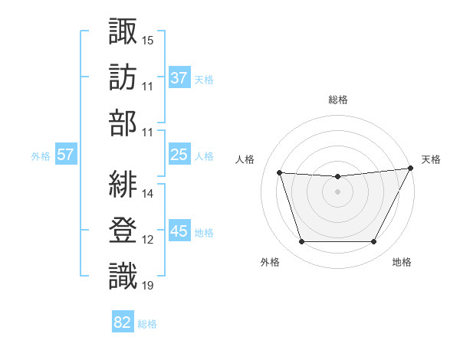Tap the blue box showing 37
179,77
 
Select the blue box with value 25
179,155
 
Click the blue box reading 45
179,231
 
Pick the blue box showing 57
66,155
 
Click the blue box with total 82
123,322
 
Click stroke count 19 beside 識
148,286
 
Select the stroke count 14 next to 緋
148,194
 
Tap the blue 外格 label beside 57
41,155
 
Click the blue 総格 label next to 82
147,323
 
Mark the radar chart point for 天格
411,169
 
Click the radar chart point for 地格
374,242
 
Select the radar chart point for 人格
280,173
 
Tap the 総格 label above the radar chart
338,100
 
